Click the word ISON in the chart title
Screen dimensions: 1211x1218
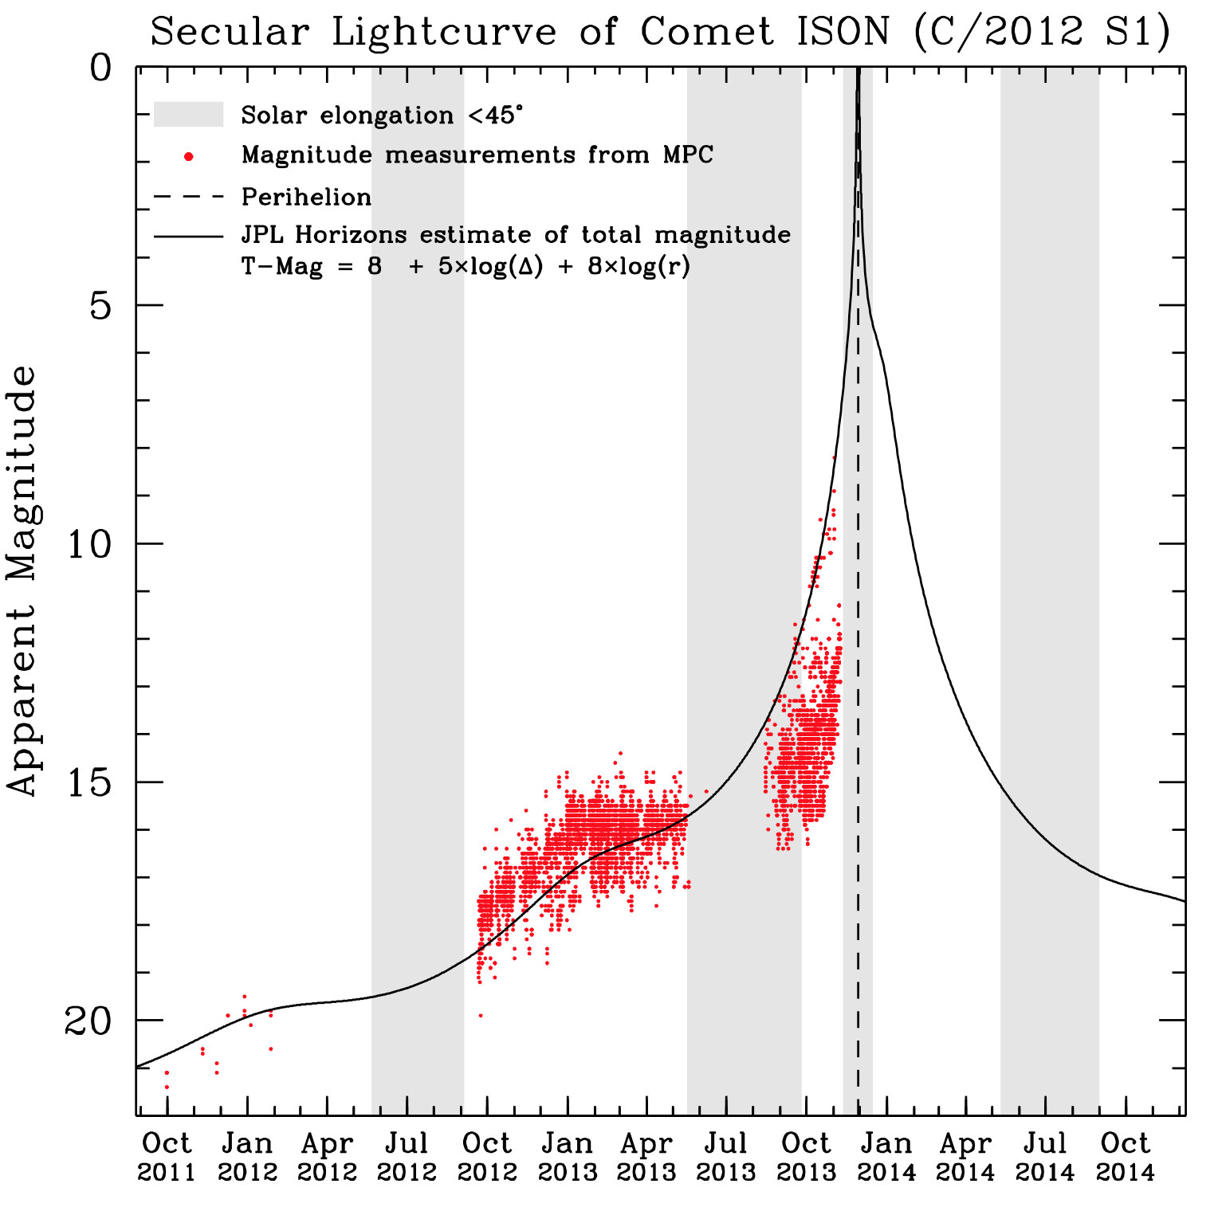point(843,33)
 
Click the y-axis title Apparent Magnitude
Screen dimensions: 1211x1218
point(22,580)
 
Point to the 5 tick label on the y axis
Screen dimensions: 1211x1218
point(100,305)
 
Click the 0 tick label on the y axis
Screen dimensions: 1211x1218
point(100,69)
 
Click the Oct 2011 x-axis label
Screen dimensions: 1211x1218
point(167,1158)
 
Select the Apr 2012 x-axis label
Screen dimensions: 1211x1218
point(327,1158)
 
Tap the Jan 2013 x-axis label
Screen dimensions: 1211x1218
point(567,1158)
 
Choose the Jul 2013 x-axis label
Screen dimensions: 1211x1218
point(725,1158)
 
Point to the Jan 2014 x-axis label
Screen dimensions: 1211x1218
point(886,1158)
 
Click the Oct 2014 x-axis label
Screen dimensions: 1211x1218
point(1125,1158)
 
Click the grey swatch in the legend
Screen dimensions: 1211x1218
point(188,115)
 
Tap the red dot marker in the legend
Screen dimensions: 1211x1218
point(188,156)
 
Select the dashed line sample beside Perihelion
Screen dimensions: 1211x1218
point(188,197)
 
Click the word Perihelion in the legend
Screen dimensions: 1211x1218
point(306,197)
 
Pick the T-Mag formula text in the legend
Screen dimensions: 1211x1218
point(466,266)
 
